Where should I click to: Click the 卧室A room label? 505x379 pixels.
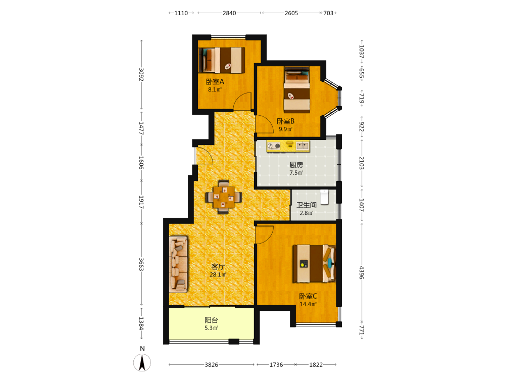click(x=215, y=81)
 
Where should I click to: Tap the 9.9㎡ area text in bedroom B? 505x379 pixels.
click(x=286, y=129)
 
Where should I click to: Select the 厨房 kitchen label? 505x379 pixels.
click(x=296, y=165)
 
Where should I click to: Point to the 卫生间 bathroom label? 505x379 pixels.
click(x=307, y=205)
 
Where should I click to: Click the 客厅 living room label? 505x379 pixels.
click(x=218, y=267)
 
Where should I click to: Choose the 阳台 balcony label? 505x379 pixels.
click(x=211, y=320)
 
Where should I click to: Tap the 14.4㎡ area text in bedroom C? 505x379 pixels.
click(x=308, y=304)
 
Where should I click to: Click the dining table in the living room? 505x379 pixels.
click(x=224, y=197)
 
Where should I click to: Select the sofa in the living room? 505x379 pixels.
click(x=178, y=264)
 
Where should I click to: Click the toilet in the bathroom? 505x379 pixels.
click(x=324, y=197)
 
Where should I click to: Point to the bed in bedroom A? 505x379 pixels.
click(x=222, y=60)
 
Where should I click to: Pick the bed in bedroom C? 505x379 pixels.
click(x=314, y=264)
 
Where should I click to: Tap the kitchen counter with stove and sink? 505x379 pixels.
click(x=288, y=146)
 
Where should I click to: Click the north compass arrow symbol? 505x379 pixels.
click(x=142, y=362)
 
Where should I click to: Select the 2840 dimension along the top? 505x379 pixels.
click(x=229, y=13)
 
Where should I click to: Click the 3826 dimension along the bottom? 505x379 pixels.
click(x=211, y=365)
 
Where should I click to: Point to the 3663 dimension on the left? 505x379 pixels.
click(x=141, y=264)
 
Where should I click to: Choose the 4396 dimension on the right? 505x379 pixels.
click(x=362, y=273)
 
